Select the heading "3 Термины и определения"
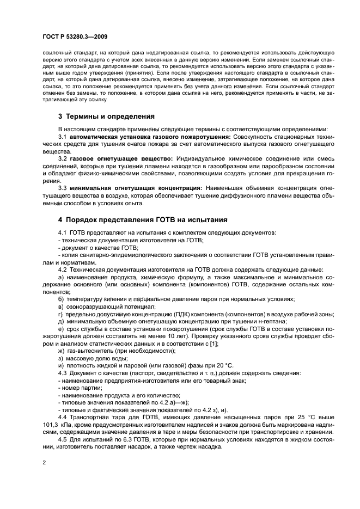[106, 116]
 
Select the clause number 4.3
[62, 373]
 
